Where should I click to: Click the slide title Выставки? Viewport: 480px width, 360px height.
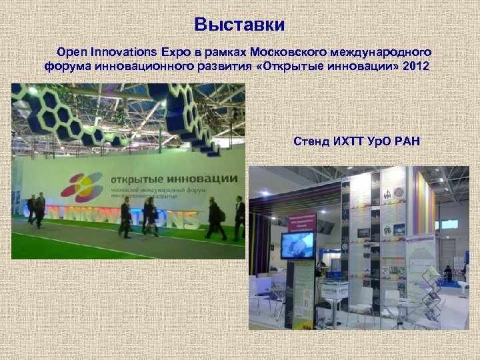239,25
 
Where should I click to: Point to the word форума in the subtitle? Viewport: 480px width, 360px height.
65,67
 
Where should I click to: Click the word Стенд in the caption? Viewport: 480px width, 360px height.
310,141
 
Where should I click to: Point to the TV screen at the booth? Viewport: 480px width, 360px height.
297,245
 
